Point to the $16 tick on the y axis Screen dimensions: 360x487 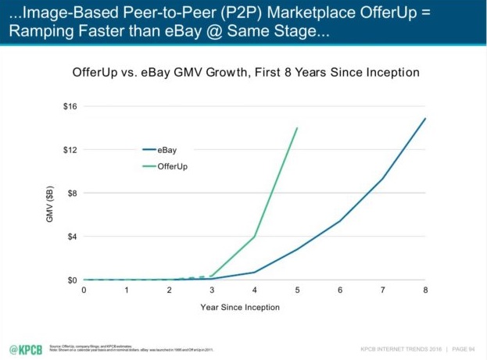tap(70, 106)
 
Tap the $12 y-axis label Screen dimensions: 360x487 tap(70, 149)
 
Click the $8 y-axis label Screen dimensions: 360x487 tap(71, 193)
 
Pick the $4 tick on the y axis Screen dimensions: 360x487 tap(71, 237)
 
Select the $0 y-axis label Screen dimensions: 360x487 tap(71, 280)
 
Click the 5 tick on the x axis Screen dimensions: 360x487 tap(297, 290)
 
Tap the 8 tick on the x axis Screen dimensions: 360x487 tap(425, 290)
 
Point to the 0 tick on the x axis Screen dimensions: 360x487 tap(84, 290)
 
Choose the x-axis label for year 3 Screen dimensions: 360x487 tap(212, 290)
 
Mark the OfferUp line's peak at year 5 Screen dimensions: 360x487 tap(297, 128)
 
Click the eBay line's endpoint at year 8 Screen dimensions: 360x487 tap(425, 119)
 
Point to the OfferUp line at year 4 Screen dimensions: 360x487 tap(255, 237)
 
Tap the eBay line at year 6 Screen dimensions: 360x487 tap(340, 221)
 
